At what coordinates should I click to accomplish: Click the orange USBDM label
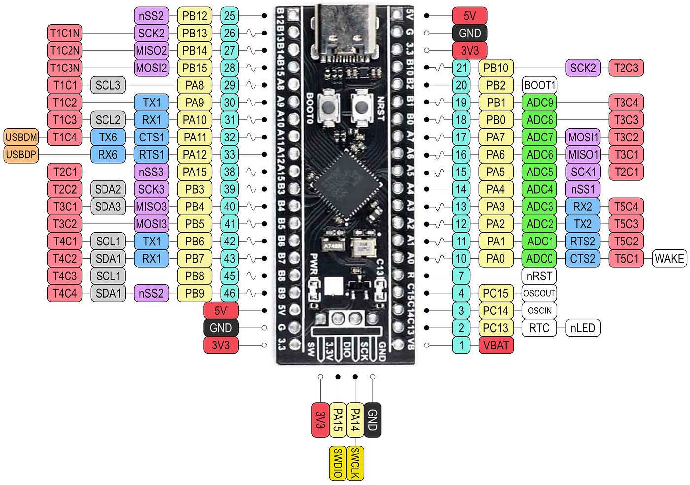[x=21, y=137]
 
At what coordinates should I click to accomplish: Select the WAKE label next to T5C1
[x=669, y=259]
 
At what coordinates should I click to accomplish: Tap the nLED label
[x=583, y=328]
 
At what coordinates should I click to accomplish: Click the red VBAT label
[x=496, y=346]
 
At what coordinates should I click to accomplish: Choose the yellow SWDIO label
[x=338, y=463]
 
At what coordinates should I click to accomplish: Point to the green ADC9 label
[x=540, y=103]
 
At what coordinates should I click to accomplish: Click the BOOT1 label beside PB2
[x=540, y=85]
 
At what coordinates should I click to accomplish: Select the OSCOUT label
[x=539, y=293]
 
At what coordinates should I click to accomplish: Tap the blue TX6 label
[x=108, y=137]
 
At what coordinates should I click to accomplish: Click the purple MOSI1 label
[x=583, y=137]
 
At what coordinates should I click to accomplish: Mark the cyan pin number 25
[x=229, y=16]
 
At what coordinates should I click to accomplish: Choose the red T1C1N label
[x=65, y=33]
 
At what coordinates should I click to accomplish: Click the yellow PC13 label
[x=495, y=328]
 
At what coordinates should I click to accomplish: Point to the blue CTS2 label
[x=583, y=259]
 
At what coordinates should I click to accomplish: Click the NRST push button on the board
[x=362, y=106]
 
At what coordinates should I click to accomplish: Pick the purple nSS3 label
[x=151, y=172]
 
